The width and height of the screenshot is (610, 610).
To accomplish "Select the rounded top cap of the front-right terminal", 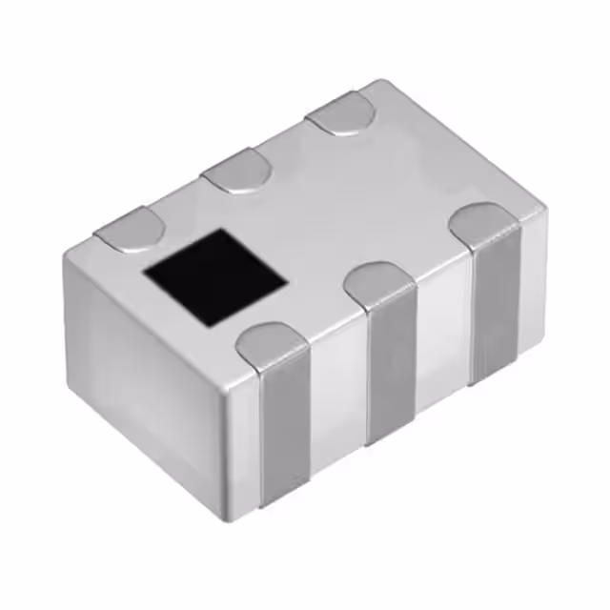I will [484, 224].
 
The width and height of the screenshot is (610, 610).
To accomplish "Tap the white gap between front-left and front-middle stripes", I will [338, 400].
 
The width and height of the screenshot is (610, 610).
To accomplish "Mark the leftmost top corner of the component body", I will [69, 250].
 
